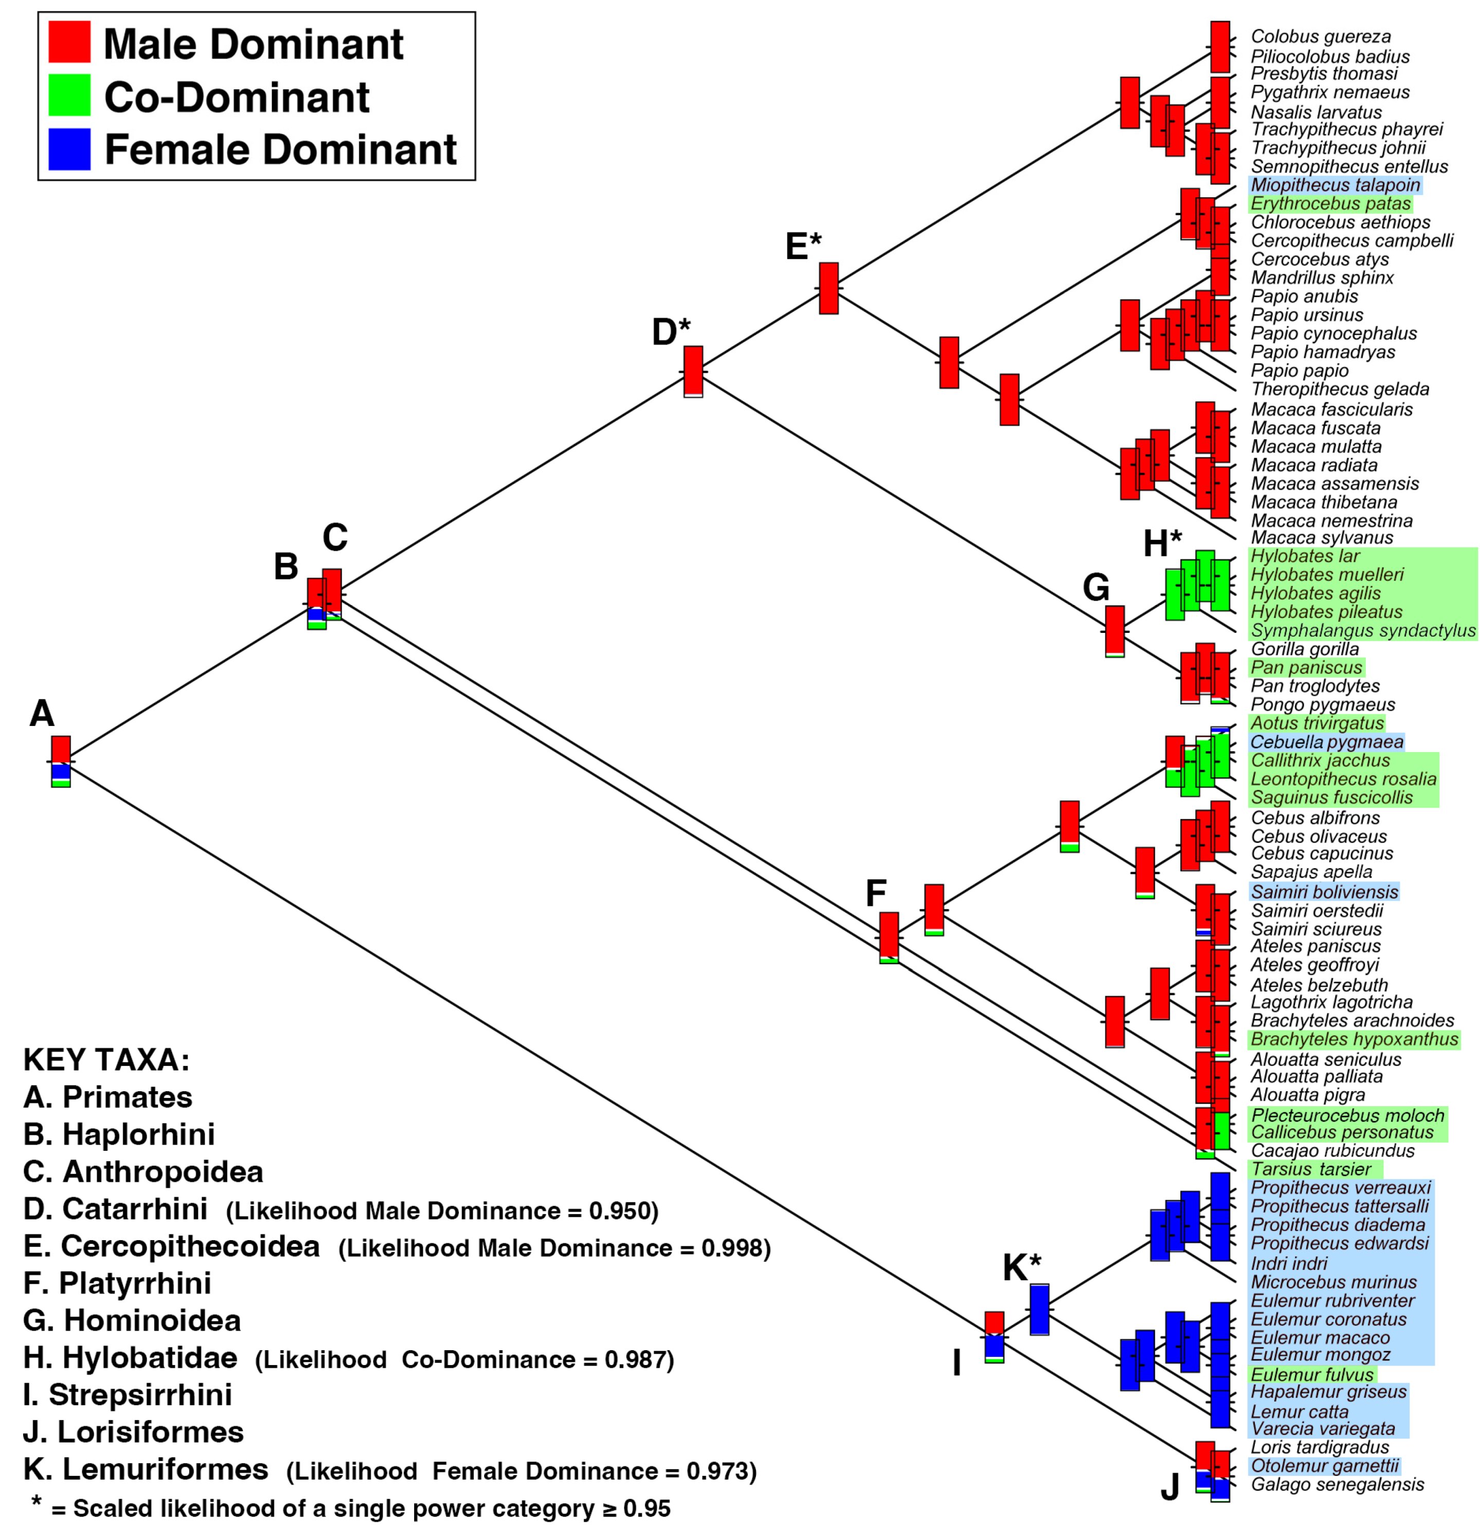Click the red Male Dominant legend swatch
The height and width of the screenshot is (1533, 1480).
(x=69, y=42)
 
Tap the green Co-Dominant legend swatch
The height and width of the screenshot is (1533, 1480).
(x=69, y=96)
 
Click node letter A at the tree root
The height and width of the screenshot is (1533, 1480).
(x=42, y=713)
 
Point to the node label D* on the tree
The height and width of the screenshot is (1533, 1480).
(x=671, y=332)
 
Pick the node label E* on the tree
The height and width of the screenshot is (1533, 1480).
(x=803, y=247)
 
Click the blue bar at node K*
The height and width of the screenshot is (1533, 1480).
(x=1039, y=1308)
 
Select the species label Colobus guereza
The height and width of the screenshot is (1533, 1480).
(x=1320, y=37)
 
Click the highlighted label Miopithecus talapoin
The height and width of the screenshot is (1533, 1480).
(x=1335, y=185)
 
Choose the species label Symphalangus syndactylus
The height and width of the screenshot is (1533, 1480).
(x=1363, y=630)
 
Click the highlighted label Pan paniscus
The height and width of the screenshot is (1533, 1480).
(x=1306, y=667)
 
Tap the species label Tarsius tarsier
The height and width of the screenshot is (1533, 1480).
(x=1311, y=1169)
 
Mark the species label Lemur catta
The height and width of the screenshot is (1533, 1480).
(x=1299, y=1412)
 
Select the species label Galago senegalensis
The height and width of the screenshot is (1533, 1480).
(x=1337, y=1485)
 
